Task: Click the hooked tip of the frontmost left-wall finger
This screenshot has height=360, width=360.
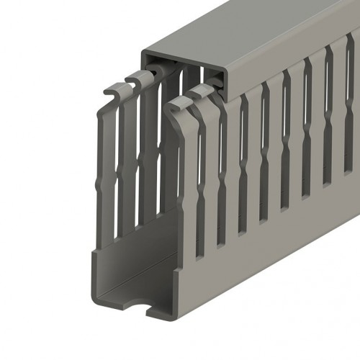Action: click(x=108, y=94)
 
